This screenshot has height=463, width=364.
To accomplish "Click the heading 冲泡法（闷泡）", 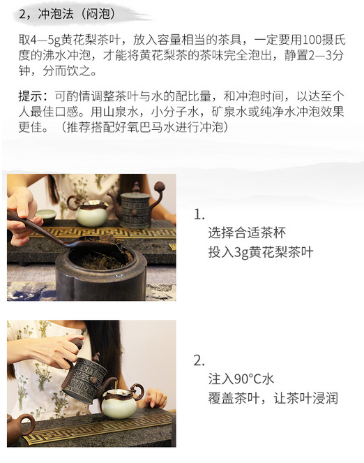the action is click(76, 14).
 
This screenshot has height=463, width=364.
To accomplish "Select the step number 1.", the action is click(199, 214).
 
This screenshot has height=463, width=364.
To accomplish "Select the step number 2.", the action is click(199, 361).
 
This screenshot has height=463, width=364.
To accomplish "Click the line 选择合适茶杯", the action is click(247, 233).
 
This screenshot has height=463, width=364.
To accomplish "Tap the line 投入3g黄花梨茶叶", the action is click(261, 252).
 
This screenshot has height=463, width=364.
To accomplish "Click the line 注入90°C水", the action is click(241, 379).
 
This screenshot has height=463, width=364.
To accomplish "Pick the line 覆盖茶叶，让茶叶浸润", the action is click(273, 398).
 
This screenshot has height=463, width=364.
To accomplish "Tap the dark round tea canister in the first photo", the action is click(100, 271).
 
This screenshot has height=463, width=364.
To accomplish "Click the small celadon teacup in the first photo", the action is click(46, 216).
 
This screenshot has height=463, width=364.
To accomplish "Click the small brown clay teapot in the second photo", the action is click(18, 428).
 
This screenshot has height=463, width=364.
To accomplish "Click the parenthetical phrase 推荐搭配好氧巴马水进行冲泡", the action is click(145, 127).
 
